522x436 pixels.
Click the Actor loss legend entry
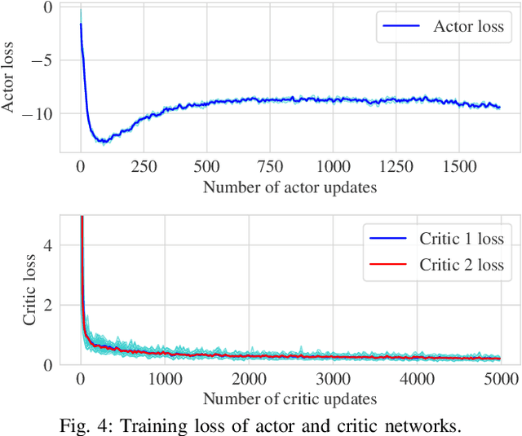(x=468, y=27)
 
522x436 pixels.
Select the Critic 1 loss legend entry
(x=461, y=239)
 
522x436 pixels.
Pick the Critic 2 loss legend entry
(x=461, y=265)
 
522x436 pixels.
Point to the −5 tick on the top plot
(x=46, y=59)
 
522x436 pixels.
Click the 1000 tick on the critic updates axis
(x=165, y=379)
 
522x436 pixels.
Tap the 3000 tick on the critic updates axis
(x=333, y=379)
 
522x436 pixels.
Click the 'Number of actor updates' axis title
(x=290, y=187)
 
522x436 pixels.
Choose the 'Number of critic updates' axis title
(x=290, y=399)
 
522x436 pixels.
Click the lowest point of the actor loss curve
(x=103, y=142)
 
